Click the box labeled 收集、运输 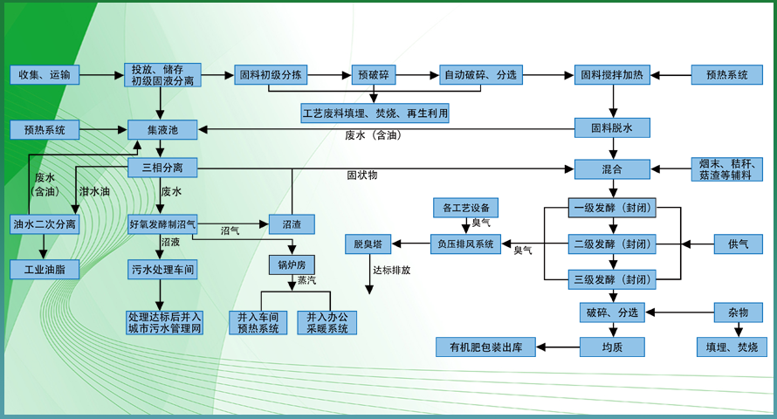45,75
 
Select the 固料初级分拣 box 272,75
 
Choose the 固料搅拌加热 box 611,75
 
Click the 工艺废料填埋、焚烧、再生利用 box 375,113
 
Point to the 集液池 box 162,130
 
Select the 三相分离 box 162,167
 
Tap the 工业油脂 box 45,269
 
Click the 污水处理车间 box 162,269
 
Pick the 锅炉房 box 291,264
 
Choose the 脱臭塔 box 368,244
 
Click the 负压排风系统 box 465,244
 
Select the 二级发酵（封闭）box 612,244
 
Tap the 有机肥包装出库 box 485,347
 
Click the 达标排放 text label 391,271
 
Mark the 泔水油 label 94,191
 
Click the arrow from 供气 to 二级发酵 684,244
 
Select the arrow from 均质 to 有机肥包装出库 557,347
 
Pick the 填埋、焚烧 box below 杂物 732,347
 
